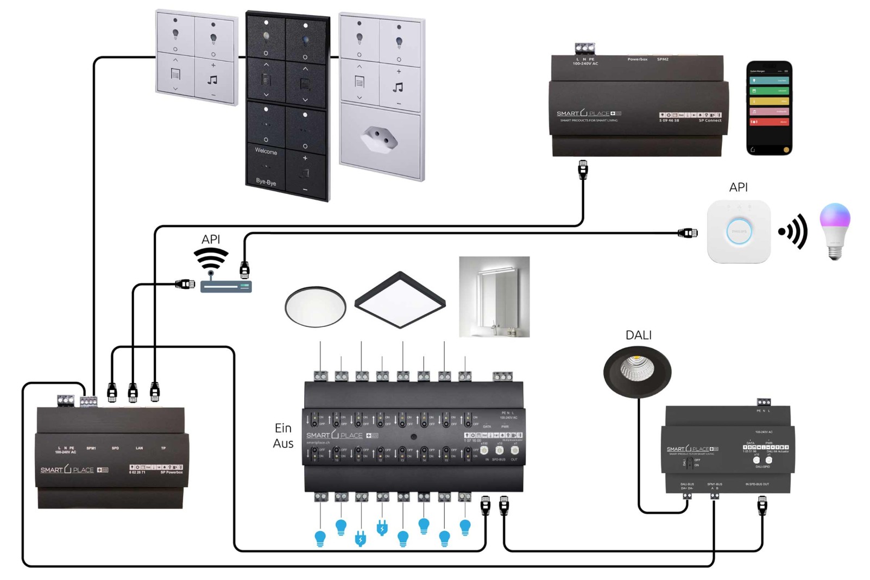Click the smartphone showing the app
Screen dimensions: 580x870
769,108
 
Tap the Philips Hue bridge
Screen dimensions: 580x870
739,231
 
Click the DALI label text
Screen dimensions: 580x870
638,335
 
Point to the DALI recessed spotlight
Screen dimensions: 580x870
637,372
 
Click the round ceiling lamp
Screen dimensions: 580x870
315,307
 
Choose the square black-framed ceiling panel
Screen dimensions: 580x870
400,300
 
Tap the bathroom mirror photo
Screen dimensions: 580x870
494,297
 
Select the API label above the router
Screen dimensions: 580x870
211,239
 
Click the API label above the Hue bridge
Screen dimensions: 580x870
738,187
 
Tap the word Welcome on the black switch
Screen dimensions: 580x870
266,151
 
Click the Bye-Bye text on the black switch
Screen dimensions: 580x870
266,181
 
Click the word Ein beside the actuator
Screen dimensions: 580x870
283,428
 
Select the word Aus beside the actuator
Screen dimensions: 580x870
283,444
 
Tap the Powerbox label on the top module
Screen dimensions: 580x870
637,59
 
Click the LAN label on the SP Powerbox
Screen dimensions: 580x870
139,448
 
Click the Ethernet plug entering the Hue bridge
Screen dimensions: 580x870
688,233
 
